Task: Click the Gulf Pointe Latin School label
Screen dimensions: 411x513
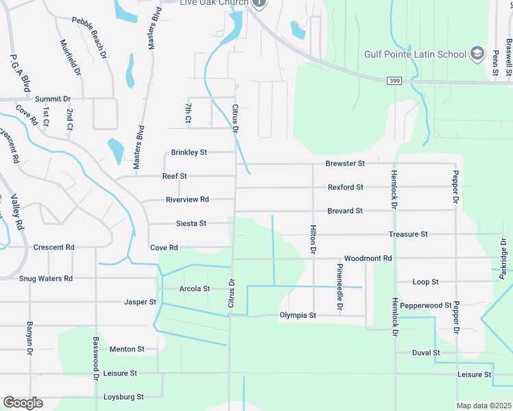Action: pos(415,54)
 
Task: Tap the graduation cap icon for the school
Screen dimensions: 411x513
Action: pos(477,54)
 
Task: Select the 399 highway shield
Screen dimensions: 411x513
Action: pos(394,81)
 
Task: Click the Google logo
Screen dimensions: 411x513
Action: pos(23,403)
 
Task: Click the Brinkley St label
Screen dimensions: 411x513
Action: pos(189,152)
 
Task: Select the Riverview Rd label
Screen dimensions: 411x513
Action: pos(187,199)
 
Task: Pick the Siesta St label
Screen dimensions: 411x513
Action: pos(191,223)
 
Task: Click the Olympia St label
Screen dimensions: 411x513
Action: pos(298,316)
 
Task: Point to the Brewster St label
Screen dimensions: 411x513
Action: pos(345,164)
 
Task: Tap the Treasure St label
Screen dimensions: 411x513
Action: pos(408,234)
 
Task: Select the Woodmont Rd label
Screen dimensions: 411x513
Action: pos(368,258)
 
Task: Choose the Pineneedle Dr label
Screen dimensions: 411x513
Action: pos(339,288)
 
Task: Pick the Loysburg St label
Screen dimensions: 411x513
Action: pos(123,397)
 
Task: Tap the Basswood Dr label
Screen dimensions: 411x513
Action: pos(96,358)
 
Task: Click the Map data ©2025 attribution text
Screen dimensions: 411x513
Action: pos(484,406)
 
